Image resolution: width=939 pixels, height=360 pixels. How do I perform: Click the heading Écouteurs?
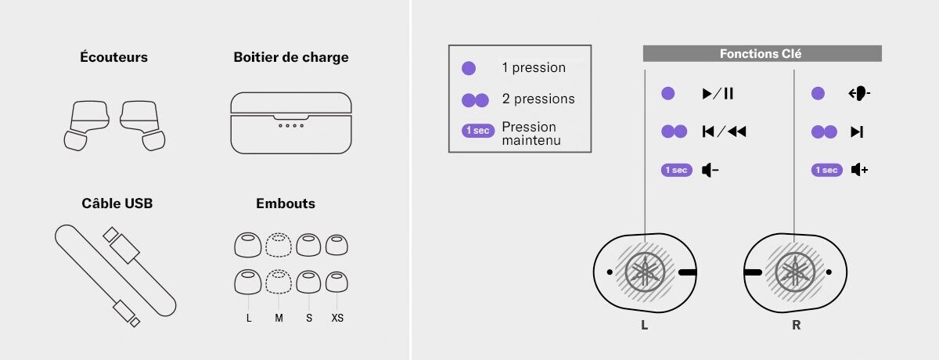coord(114,57)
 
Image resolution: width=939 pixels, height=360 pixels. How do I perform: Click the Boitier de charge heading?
coord(291,57)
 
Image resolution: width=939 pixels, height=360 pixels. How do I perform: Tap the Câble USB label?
coord(117,203)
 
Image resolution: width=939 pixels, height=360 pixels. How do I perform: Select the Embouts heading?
coord(286,203)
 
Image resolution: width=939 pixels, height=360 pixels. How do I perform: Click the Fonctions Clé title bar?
coord(762,54)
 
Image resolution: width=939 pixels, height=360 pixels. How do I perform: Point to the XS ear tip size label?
coord(337,318)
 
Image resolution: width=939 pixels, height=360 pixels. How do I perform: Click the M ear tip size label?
coord(279,318)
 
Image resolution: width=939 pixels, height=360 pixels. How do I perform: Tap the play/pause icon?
coord(718,93)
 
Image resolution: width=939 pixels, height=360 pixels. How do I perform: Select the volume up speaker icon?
coord(859,170)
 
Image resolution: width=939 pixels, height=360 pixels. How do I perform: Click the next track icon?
coord(857,132)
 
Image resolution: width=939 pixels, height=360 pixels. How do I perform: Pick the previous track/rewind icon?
coord(724,131)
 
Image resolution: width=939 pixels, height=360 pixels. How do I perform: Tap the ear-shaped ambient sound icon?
coord(859,93)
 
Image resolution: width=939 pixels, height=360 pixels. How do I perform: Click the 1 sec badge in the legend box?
coord(478,131)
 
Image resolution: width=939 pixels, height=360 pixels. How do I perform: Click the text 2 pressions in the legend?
coord(538,99)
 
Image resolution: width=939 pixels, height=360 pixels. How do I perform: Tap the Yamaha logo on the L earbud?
coord(645,272)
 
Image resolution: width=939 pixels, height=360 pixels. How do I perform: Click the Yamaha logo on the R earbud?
coord(795,272)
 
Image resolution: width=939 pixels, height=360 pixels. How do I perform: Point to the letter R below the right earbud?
coord(796,325)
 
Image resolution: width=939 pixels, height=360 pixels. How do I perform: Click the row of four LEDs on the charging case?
coord(291,125)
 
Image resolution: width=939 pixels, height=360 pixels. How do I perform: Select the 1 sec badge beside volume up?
coord(826,170)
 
